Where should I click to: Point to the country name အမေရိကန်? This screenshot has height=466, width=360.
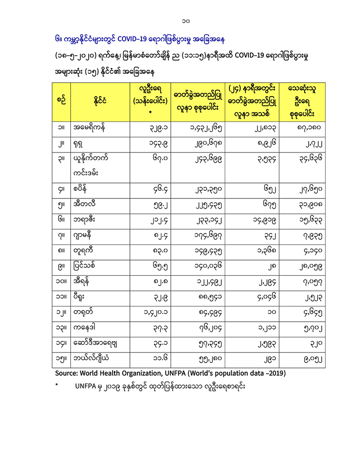click(89, 129)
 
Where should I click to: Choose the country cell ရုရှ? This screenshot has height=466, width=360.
click(79, 144)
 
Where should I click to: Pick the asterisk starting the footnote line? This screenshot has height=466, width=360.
click(57, 388)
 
